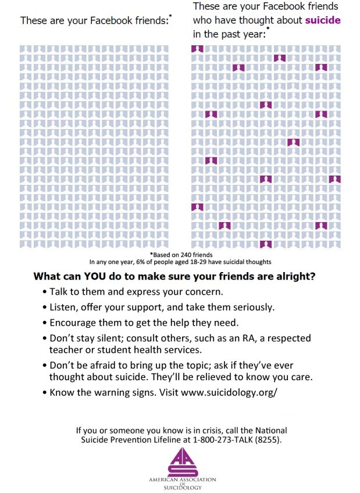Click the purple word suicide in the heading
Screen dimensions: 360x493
(323, 20)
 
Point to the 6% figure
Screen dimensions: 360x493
(140, 262)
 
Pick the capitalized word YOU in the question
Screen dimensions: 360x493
(94, 276)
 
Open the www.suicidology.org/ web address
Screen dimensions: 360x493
(229, 392)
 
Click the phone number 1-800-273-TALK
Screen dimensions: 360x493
(223, 440)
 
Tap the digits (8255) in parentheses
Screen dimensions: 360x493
(268, 440)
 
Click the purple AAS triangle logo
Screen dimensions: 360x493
(183, 462)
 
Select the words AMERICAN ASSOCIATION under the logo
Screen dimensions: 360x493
(183, 480)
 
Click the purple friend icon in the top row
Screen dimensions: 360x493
(198, 49)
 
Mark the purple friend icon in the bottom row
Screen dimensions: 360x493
(266, 244)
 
